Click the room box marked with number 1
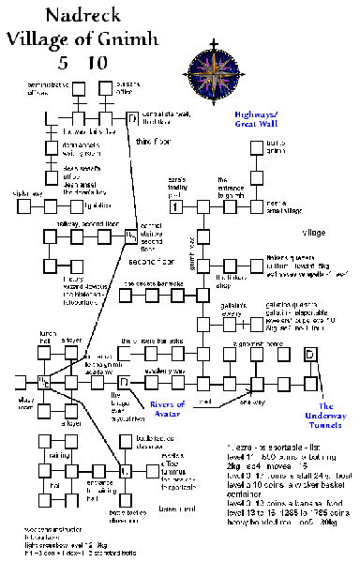[176, 205]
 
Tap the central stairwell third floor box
[131, 117]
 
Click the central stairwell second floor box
[131, 235]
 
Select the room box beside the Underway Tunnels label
[310, 356]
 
